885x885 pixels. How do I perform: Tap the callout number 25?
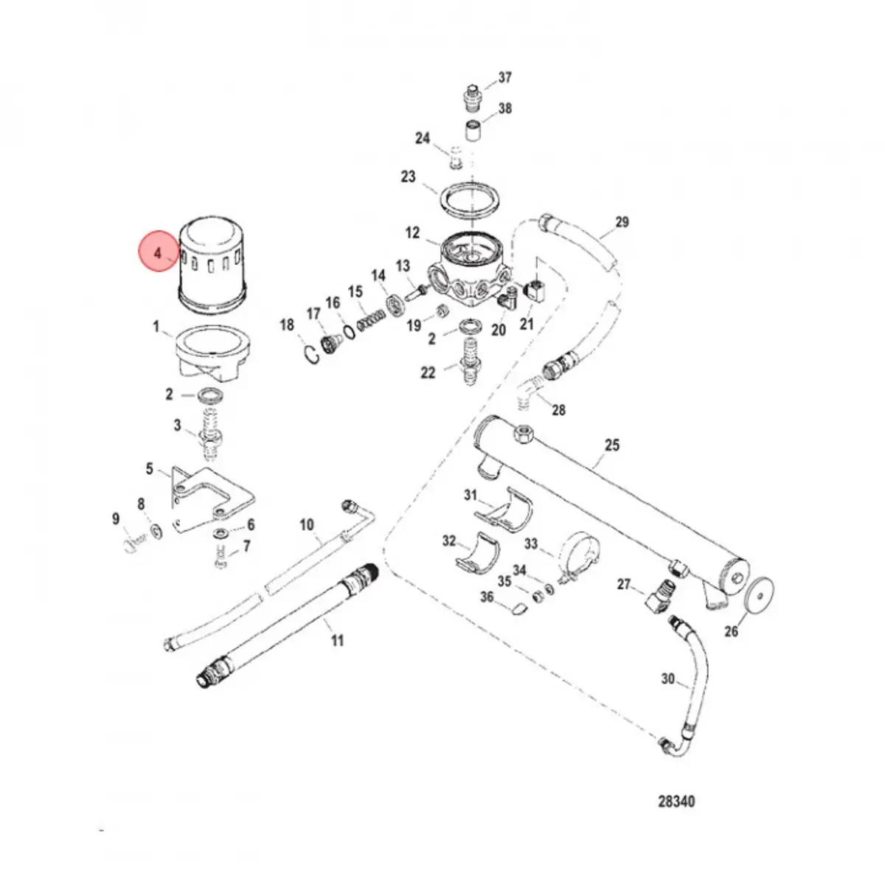pyautogui.click(x=611, y=445)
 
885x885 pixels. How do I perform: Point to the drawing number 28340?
pyautogui.click(x=676, y=802)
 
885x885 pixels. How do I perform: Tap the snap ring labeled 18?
pyautogui.click(x=313, y=353)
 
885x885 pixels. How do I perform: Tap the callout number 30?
pyautogui.click(x=667, y=678)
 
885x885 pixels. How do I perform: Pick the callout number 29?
pyautogui.click(x=621, y=222)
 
